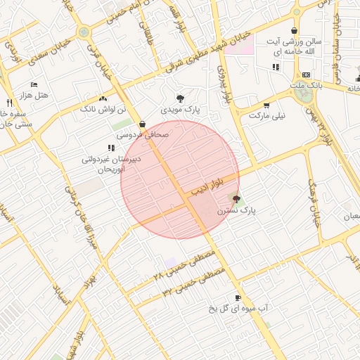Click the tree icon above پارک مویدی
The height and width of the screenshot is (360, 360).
pyautogui.click(x=181, y=98)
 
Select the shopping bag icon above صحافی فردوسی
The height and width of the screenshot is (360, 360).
pyautogui.click(x=143, y=123)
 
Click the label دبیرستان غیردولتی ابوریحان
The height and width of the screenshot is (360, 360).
pyautogui.click(x=112, y=164)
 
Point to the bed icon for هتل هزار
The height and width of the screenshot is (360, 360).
pyautogui.click(x=34, y=84)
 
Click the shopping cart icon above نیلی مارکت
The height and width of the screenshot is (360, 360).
pyautogui.click(x=266, y=105)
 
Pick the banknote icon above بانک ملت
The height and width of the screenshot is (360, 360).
pyautogui.click(x=305, y=75)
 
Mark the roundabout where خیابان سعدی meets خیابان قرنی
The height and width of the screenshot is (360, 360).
pyautogui.click(x=84, y=32)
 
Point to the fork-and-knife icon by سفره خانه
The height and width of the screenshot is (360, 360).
pyautogui.click(x=8, y=102)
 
